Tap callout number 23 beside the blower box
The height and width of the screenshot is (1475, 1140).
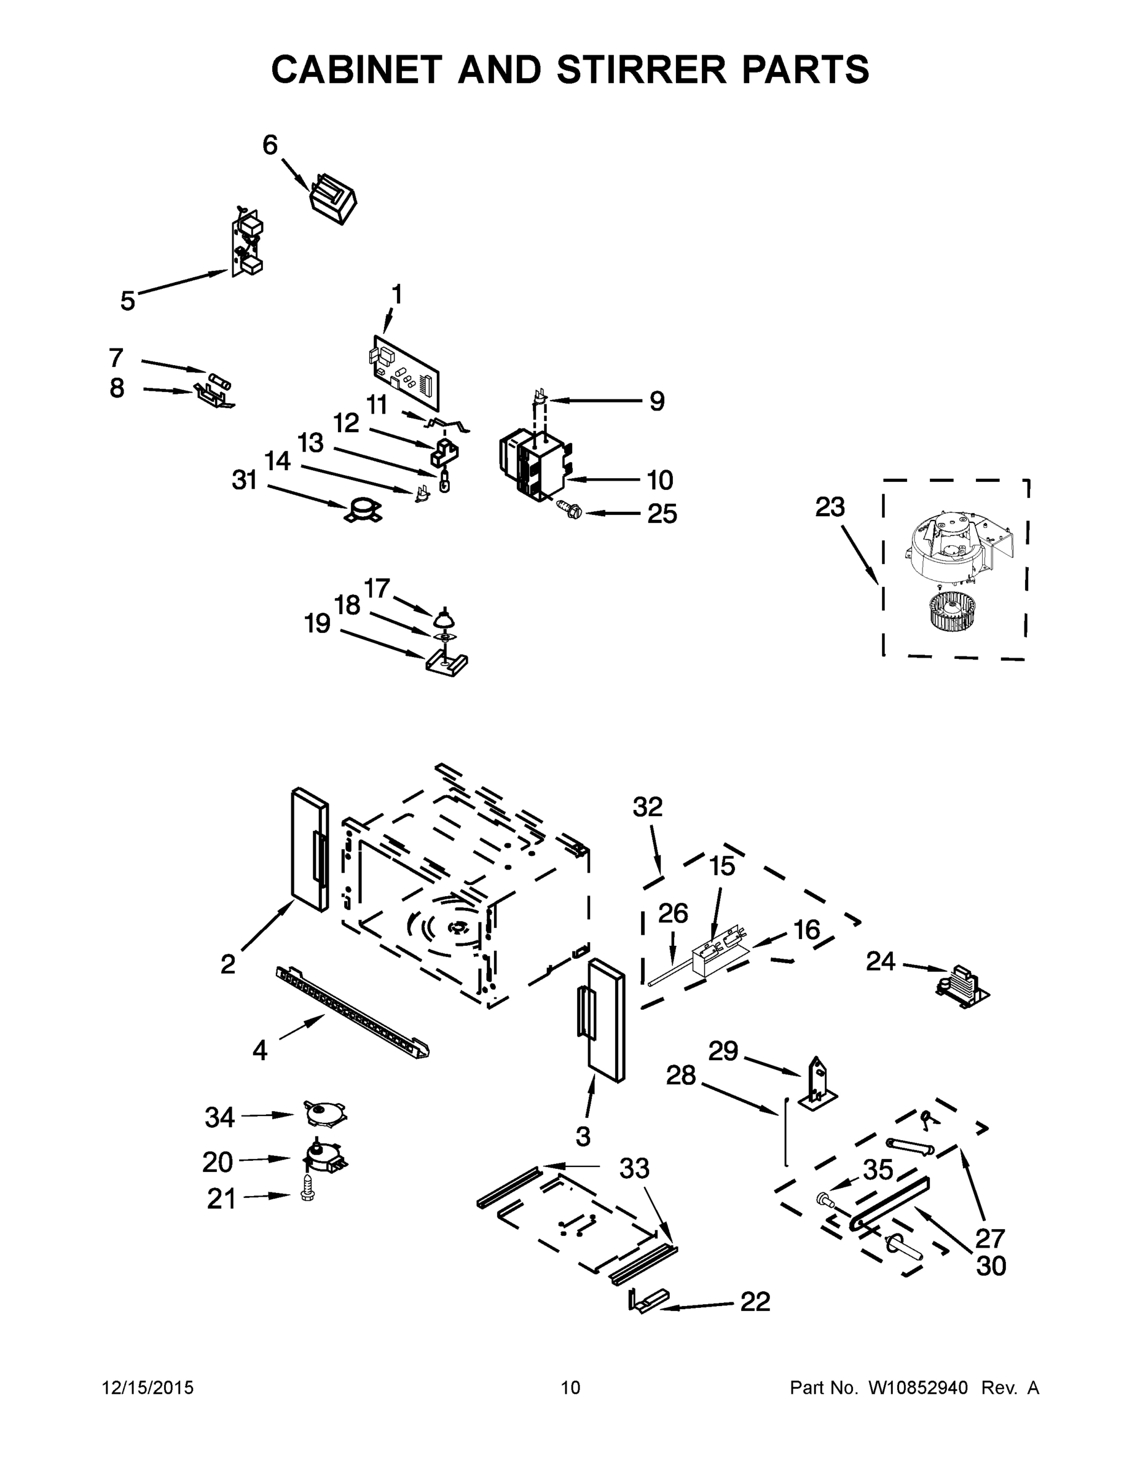829,506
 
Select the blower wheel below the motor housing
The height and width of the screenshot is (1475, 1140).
955,615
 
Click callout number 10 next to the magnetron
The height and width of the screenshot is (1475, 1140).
660,480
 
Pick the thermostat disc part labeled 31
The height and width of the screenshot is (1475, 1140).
363,509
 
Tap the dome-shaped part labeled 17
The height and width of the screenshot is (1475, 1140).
444,617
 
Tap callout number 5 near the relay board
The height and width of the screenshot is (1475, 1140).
128,300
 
